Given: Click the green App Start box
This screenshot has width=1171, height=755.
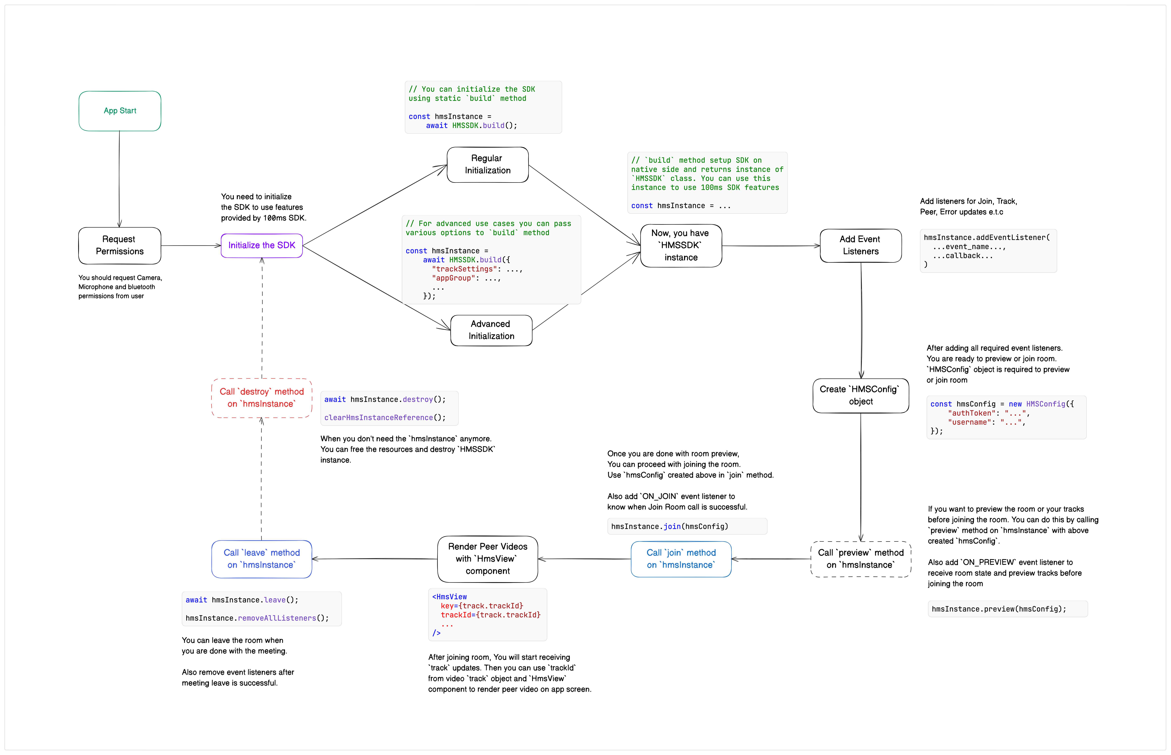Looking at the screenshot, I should click(120, 111).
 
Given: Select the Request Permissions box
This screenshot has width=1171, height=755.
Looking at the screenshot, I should click(120, 245).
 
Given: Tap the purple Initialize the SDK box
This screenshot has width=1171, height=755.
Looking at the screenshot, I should click(262, 245).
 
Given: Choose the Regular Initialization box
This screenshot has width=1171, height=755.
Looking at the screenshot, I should click(487, 164).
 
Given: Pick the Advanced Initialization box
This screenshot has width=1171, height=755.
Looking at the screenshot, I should click(491, 330).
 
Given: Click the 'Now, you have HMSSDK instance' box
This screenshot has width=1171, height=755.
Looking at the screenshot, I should click(681, 245).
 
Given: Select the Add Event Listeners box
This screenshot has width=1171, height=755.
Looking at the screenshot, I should click(860, 245).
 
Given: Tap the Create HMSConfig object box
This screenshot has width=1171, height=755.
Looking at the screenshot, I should click(860, 395).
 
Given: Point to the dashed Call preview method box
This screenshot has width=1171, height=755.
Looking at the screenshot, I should click(860, 559).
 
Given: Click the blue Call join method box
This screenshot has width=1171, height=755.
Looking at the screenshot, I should click(681, 559).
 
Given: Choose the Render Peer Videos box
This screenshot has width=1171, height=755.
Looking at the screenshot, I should click(487, 559).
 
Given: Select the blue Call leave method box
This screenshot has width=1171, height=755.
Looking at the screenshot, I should click(262, 559).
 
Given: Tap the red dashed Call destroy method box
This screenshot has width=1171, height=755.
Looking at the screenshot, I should click(262, 398).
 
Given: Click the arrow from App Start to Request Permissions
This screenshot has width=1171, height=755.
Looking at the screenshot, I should click(119, 179).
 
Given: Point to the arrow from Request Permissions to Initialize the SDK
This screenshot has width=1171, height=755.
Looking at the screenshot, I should click(190, 246).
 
